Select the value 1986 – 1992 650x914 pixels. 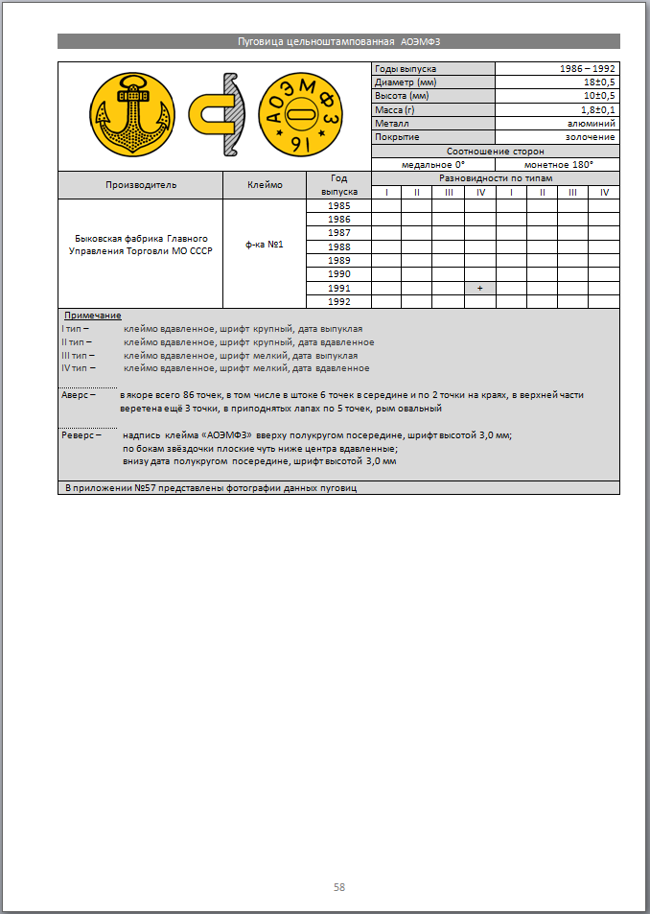[x=588, y=69]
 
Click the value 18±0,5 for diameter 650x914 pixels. [x=599, y=82]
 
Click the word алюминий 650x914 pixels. [x=591, y=124]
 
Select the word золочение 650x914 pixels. [x=591, y=137]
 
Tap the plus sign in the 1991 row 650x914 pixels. [x=479, y=288]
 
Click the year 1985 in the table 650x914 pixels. [x=338, y=206]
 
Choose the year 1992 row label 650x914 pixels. [x=338, y=301]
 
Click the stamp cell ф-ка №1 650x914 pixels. [x=264, y=246]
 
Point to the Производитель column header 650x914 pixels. [x=141, y=185]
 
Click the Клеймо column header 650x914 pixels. [x=264, y=185]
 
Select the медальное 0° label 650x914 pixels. [x=433, y=165]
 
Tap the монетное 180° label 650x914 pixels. [x=558, y=165]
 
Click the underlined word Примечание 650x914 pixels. [x=93, y=316]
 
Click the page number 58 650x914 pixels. [x=339, y=887]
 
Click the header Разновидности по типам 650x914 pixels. [x=495, y=178]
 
